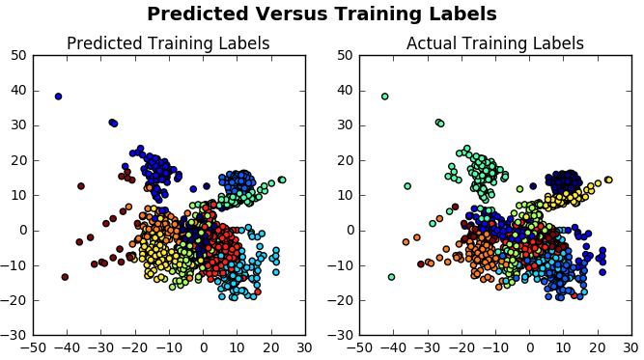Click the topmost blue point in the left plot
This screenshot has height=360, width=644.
click(x=58, y=97)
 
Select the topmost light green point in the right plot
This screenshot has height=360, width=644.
click(x=384, y=97)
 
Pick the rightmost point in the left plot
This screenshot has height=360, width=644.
click(x=282, y=180)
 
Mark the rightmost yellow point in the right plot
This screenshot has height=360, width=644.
click(x=608, y=180)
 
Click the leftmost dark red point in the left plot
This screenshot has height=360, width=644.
click(x=65, y=277)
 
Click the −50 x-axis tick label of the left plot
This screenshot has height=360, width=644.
click(x=34, y=346)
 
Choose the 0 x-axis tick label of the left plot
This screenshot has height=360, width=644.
click(x=204, y=346)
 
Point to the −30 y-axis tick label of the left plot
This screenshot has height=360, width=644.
click(x=15, y=335)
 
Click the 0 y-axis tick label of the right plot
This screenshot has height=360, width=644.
click(x=350, y=230)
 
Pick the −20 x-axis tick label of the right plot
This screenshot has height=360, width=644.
click(x=460, y=346)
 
